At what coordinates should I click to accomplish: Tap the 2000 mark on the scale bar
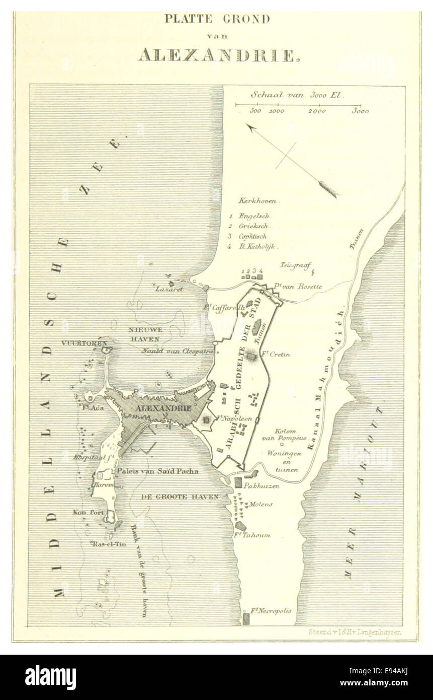point(317,111)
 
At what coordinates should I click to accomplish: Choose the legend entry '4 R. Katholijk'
point(254,247)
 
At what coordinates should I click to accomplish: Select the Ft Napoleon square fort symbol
point(206,419)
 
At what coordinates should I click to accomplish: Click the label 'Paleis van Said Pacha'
point(157,471)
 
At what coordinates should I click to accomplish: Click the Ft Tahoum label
point(255,535)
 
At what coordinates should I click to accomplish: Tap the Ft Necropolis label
point(272,611)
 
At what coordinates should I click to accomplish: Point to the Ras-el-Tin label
point(105,544)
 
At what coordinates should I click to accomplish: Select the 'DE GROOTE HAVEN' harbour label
point(180,497)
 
